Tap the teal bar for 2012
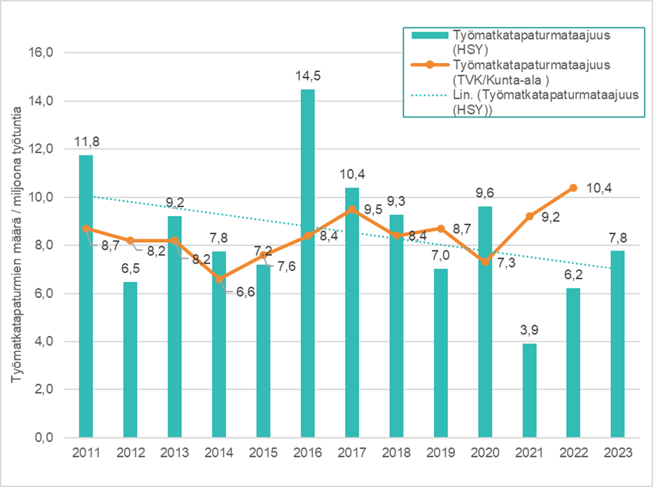click(130, 359)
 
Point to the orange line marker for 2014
click(219, 278)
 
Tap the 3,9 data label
click(531, 330)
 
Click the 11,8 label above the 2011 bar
click(85, 142)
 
